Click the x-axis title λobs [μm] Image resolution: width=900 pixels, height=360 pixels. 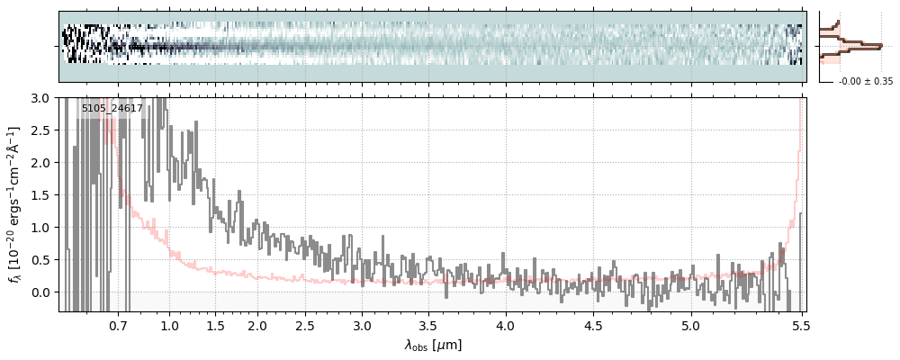click(x=432, y=345)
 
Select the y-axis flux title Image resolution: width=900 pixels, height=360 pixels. click(x=15, y=204)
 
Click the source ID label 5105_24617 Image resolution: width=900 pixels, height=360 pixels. click(x=112, y=109)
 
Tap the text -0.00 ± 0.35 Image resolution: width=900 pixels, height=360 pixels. click(x=865, y=82)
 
